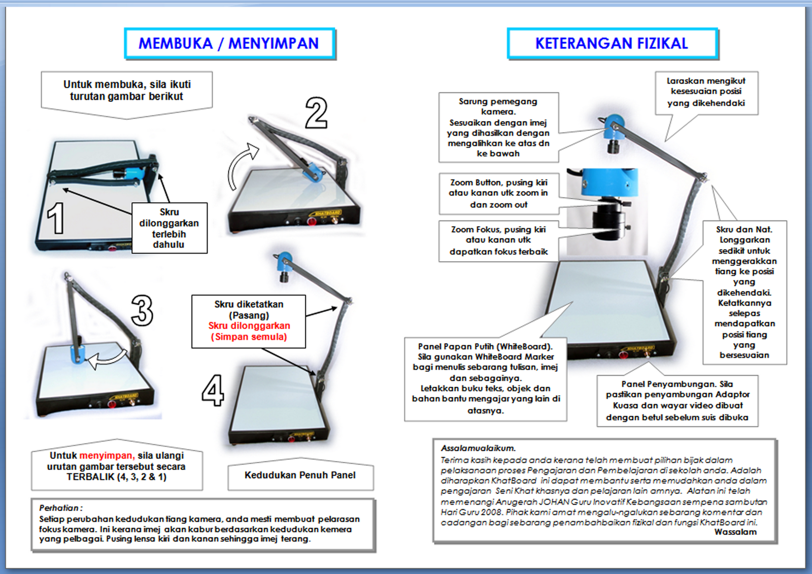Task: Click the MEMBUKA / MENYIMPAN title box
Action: pyautogui.click(x=229, y=44)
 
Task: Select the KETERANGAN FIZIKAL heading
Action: pyautogui.click(x=612, y=44)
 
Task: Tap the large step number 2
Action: pyautogui.click(x=316, y=113)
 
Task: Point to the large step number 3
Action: pyautogui.click(x=142, y=310)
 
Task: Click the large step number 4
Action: pyautogui.click(x=213, y=390)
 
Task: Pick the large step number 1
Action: pyautogui.click(x=56, y=219)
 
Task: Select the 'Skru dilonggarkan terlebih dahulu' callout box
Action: pyautogui.click(x=169, y=228)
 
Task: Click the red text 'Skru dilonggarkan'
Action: pyautogui.click(x=249, y=326)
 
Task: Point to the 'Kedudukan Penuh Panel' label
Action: pyautogui.click(x=300, y=475)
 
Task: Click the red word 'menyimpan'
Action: pyautogui.click(x=106, y=455)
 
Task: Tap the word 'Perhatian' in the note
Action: pyautogui.click(x=59, y=508)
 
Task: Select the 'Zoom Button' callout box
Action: pyautogui.click(x=498, y=193)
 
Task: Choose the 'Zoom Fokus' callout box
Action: pyautogui.click(x=498, y=240)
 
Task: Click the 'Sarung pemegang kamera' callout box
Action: pyautogui.click(x=498, y=127)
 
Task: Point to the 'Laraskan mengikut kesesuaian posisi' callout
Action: pyautogui.click(x=705, y=92)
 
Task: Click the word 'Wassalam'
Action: pyautogui.click(x=735, y=532)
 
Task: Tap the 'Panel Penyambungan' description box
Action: pyautogui.click(x=677, y=401)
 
